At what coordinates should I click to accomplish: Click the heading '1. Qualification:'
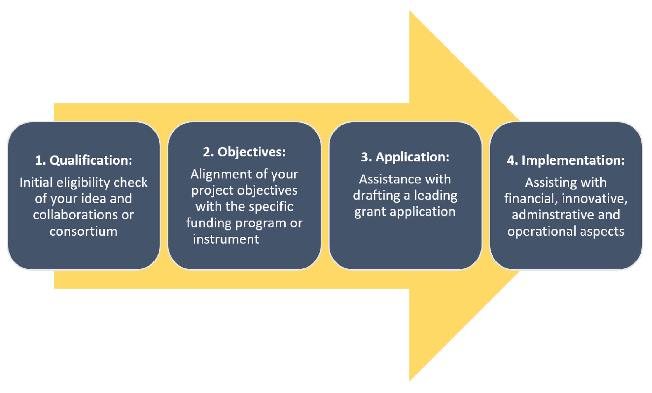83,160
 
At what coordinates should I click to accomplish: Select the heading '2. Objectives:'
244,152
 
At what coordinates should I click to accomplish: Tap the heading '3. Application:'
405,157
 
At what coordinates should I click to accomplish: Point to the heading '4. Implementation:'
566,160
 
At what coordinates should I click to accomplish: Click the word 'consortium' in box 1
83,231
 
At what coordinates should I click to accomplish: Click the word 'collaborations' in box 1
75,215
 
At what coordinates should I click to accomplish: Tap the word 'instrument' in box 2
226,239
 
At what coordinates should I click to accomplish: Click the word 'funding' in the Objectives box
209,223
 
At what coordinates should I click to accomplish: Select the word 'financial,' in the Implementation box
531,199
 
